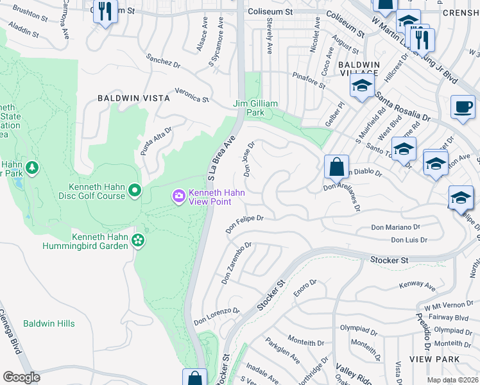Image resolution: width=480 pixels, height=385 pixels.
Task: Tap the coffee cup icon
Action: (463, 107)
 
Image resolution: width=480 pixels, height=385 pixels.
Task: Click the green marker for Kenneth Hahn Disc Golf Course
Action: (135, 190)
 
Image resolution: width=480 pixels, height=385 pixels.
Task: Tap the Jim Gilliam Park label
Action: (255, 108)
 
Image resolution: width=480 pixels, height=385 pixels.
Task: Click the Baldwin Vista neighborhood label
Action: (133, 98)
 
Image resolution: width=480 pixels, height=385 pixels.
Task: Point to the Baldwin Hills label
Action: (49, 324)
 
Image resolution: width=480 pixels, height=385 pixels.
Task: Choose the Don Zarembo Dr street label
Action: (236, 263)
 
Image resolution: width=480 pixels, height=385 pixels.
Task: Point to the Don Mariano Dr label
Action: (397, 227)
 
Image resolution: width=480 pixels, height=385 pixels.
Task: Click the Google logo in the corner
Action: (21, 377)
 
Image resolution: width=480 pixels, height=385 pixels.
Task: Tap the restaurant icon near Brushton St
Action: (105, 12)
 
